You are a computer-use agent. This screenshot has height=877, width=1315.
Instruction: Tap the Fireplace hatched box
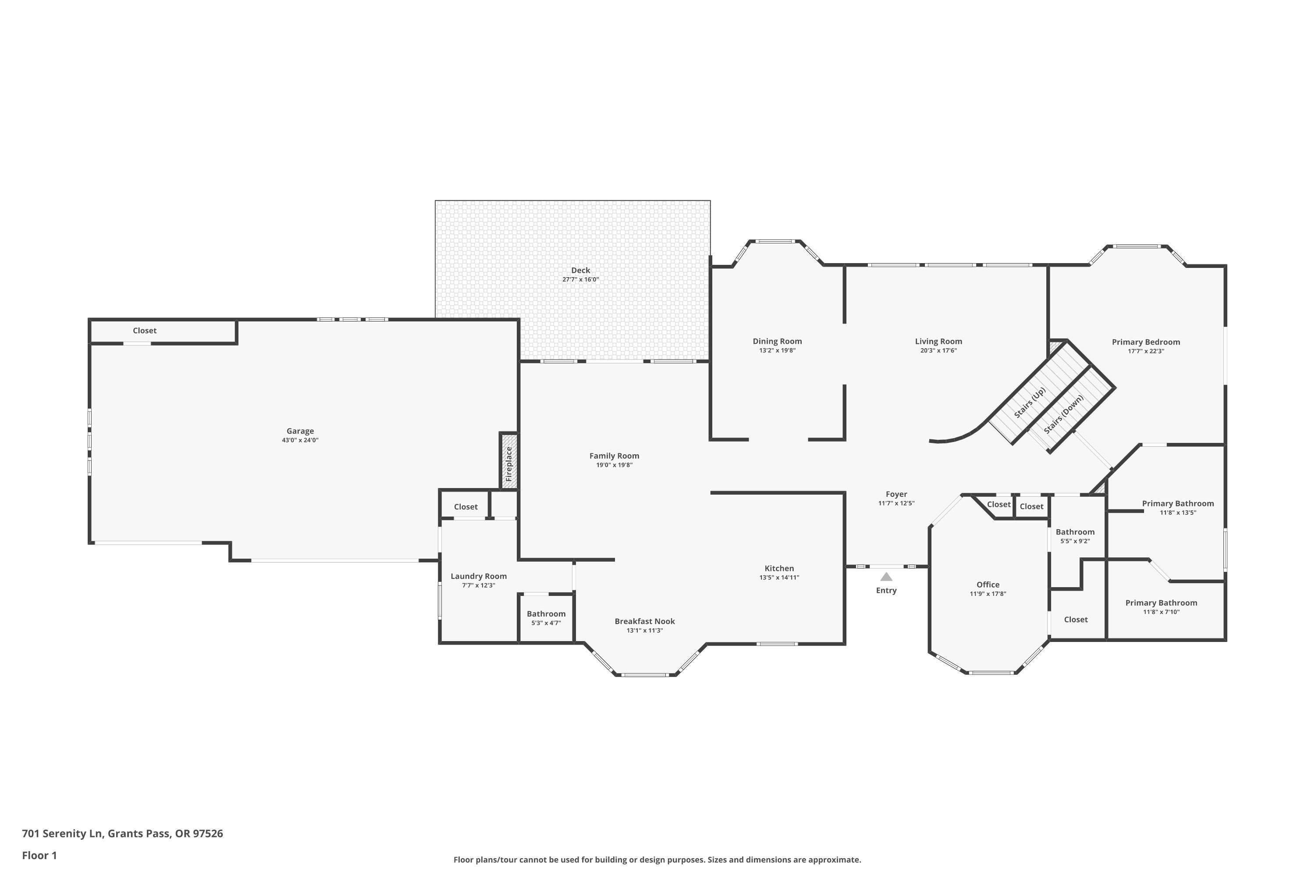(509, 461)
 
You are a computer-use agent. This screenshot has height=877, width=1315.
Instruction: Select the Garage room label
(300, 431)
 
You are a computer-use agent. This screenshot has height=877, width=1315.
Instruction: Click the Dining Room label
(777, 341)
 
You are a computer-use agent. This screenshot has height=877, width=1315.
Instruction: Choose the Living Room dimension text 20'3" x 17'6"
(939, 351)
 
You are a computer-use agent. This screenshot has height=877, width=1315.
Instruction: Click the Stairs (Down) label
(1064, 414)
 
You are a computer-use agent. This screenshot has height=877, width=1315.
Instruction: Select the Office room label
(988, 585)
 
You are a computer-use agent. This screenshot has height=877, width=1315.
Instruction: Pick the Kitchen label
(779, 568)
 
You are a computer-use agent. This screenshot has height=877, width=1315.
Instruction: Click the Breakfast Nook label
(645, 621)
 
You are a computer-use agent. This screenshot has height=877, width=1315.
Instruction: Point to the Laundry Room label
(479, 576)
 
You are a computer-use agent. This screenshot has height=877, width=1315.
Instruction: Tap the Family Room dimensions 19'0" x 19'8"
(615, 465)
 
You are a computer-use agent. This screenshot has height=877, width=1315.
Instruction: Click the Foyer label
(896, 494)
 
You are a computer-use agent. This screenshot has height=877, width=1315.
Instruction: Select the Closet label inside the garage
(145, 331)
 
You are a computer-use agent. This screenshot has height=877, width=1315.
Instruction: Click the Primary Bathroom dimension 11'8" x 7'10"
(1161, 612)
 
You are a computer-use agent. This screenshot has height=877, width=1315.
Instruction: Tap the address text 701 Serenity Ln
(63, 834)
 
